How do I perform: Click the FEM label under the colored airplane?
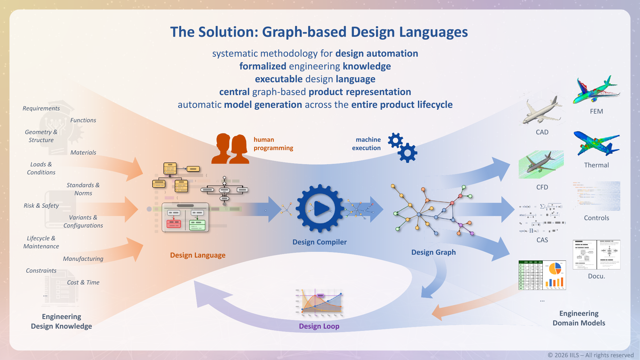click(596, 111)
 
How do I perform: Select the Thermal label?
click(596, 165)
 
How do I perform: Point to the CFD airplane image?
click(541, 164)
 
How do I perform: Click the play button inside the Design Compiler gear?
click(320, 209)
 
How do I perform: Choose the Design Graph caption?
click(433, 252)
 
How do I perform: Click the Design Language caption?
click(197, 255)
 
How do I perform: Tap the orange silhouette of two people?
click(230, 149)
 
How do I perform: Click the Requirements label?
click(41, 108)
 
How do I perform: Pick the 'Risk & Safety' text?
click(41, 205)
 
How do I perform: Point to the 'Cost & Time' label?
click(83, 282)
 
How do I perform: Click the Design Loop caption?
click(319, 326)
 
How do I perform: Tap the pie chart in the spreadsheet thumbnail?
click(555, 269)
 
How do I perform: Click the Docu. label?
click(596, 276)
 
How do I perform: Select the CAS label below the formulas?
click(542, 240)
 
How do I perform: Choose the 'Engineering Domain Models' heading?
click(579, 318)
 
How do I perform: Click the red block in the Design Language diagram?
click(174, 224)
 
